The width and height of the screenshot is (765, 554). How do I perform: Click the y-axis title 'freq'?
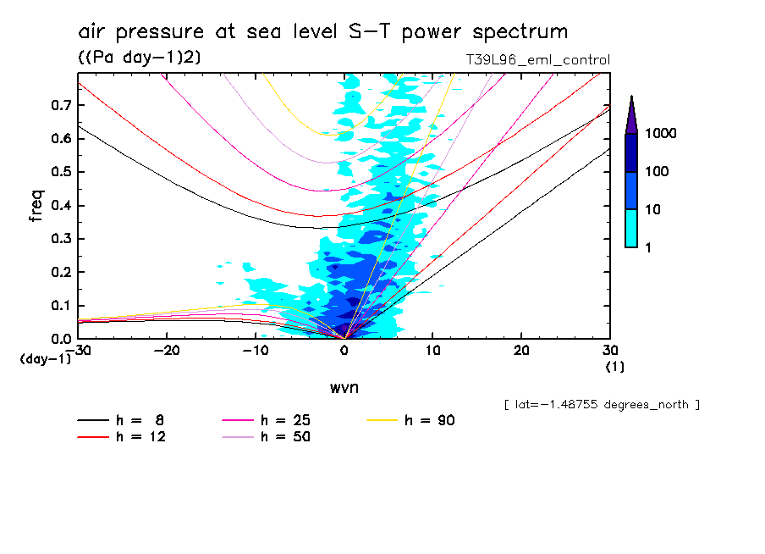[36, 205]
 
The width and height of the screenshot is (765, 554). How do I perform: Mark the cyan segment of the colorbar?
[631, 228]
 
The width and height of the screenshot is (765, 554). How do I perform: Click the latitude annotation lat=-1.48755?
[601, 404]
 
